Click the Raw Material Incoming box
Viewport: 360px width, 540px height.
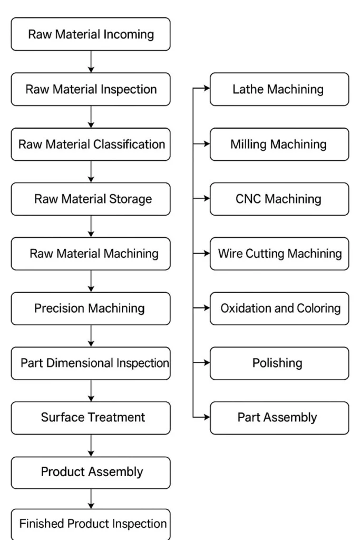[x=91, y=34]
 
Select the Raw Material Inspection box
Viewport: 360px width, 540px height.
[x=91, y=89]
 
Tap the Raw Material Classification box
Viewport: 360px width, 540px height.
[x=91, y=144]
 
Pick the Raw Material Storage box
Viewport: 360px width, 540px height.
[x=91, y=199]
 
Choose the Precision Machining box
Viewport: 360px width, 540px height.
[x=91, y=308]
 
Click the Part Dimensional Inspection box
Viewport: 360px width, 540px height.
[x=91, y=363]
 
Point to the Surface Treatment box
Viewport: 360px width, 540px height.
[x=91, y=418]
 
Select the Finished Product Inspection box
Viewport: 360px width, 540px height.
[x=91, y=524]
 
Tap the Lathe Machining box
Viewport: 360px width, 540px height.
[x=279, y=89]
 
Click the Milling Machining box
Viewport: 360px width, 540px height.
[x=279, y=144]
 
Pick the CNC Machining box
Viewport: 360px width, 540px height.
[x=279, y=199]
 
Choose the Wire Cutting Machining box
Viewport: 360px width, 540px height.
[x=279, y=254]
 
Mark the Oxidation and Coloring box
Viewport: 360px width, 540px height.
[x=279, y=308]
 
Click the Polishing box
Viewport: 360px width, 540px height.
[x=279, y=363]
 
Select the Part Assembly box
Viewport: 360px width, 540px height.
[x=279, y=418]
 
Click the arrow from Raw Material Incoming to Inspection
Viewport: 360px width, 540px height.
[x=91, y=62]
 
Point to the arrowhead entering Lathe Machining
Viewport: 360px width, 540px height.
[x=207, y=89]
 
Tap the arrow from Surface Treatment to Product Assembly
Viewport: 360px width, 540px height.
[x=91, y=446]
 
